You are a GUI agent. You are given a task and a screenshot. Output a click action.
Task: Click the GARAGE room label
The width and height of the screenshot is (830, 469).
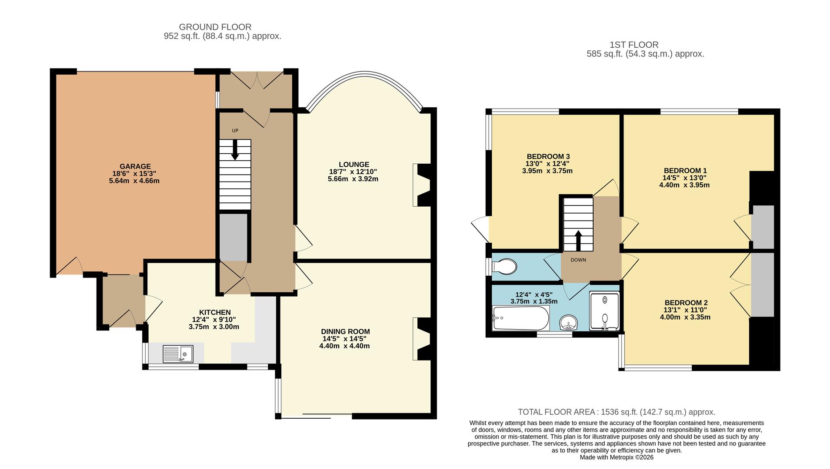135,166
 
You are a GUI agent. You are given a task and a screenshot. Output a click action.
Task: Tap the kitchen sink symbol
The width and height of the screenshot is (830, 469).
177,353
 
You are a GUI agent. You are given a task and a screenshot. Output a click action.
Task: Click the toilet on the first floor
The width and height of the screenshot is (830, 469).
504,266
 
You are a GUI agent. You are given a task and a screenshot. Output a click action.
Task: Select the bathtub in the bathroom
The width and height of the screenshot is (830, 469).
520,318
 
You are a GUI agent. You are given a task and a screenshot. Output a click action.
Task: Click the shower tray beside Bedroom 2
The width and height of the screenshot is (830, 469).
604,311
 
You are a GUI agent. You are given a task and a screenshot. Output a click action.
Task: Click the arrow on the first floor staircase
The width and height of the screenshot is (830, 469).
578,240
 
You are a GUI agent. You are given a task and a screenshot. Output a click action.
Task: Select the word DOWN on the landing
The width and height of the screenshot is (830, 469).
578,260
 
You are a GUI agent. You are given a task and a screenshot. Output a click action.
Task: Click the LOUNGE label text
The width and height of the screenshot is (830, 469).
354,165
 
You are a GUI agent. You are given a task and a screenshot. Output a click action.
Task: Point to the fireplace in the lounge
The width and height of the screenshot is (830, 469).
422,185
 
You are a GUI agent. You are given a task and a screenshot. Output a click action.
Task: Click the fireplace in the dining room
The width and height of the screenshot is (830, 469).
422,339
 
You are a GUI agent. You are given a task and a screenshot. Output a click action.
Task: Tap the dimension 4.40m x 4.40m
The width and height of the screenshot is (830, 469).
344,346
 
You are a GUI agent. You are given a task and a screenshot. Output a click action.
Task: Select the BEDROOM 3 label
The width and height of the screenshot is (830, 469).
548,156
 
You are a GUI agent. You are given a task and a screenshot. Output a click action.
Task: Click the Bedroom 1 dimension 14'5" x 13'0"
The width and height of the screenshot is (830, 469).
684,178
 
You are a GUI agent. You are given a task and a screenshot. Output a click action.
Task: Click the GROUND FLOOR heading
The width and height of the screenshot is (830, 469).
215,27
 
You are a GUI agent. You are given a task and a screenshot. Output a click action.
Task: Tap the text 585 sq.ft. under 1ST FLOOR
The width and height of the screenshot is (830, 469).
605,54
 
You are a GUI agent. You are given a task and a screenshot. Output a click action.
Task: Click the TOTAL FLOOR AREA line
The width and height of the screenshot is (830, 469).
616,412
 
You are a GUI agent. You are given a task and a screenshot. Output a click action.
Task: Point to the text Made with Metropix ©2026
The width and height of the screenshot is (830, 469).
616,457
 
